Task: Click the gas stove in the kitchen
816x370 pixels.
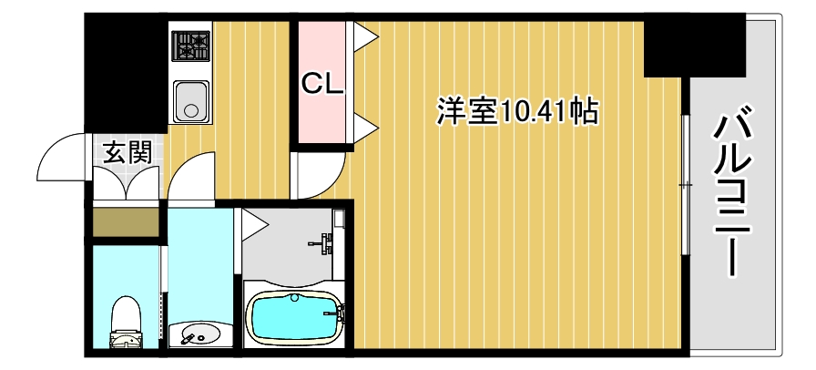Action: (191, 45)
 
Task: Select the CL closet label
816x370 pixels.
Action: (322, 84)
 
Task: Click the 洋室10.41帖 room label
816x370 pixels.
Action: (516, 111)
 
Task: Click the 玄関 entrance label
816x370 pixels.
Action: (126, 152)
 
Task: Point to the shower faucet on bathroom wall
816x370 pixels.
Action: (325, 242)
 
